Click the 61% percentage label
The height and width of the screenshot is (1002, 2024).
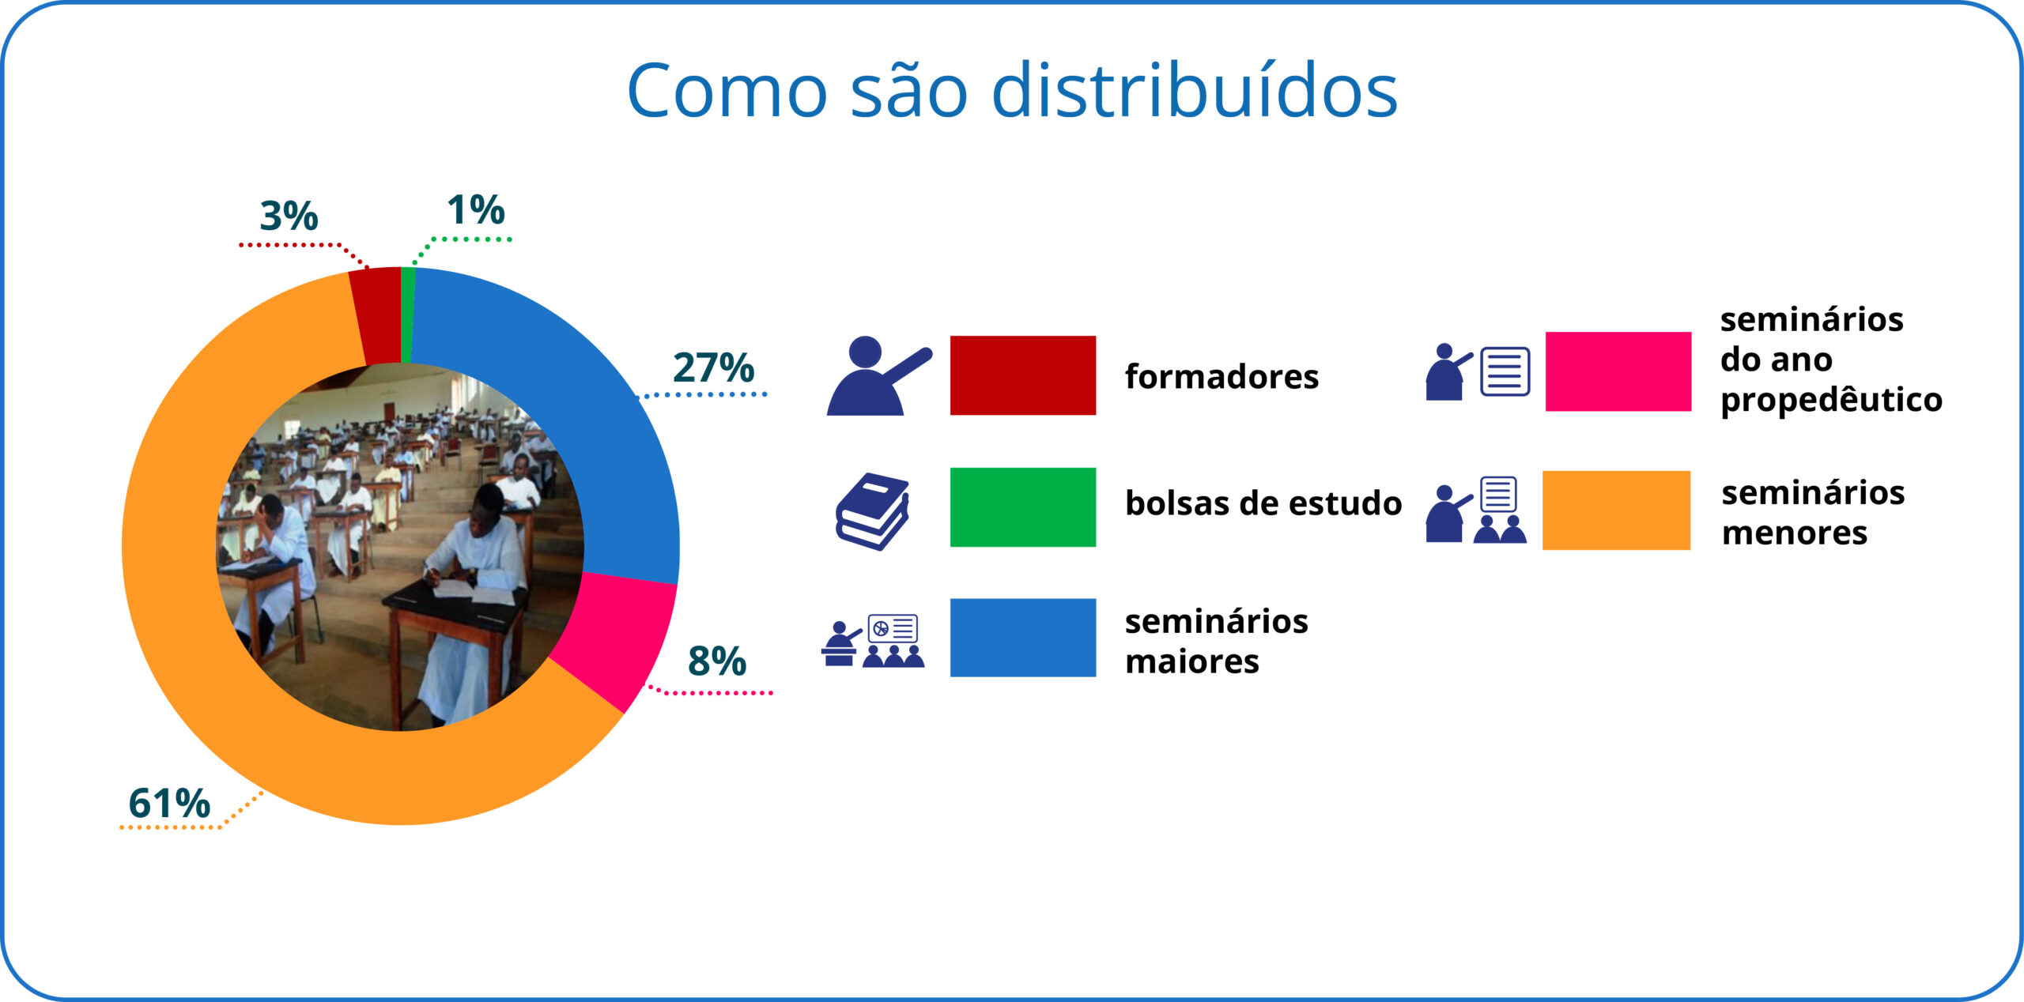tap(169, 803)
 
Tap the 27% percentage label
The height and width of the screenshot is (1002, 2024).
tap(714, 367)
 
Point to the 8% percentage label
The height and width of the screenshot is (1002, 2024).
tap(717, 661)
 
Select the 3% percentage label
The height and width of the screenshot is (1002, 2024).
tap(289, 216)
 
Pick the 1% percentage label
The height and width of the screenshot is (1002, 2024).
tap(476, 209)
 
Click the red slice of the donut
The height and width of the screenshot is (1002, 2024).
tap(377, 315)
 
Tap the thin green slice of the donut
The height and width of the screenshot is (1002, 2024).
tap(407, 315)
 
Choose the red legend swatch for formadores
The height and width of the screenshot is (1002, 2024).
tap(1023, 375)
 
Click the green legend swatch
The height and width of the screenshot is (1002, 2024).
tap(1023, 507)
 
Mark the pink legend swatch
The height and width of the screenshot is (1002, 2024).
tap(1618, 371)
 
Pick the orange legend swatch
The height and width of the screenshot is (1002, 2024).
tap(1617, 510)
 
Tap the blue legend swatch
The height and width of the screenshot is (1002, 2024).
tap(1023, 638)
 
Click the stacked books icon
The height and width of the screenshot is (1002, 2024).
tap(873, 511)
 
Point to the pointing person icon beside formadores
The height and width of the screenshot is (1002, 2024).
tap(879, 376)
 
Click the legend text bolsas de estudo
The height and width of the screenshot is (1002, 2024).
tap(1263, 503)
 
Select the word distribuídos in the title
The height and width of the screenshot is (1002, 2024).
tap(1195, 91)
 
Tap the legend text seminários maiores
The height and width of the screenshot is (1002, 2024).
tap(1217, 641)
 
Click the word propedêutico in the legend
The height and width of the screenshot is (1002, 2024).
tap(1831, 400)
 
